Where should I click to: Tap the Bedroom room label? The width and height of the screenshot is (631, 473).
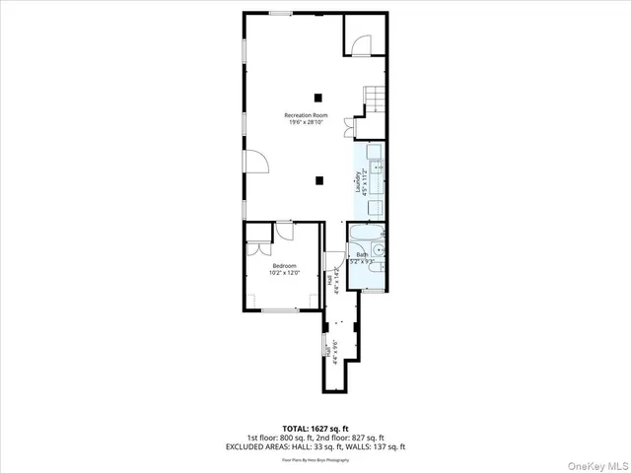(285, 268)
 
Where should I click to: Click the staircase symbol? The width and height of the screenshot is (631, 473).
(373, 97)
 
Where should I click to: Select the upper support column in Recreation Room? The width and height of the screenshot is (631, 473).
(318, 97)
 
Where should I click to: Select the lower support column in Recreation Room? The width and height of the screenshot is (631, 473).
(318, 179)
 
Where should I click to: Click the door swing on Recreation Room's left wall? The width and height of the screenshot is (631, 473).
(253, 164)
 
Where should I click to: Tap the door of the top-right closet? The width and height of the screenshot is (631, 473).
(362, 43)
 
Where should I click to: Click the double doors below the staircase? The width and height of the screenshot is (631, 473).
(347, 127)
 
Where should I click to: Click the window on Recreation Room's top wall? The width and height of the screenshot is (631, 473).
(281, 13)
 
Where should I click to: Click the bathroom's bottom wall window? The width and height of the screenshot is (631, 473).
(366, 291)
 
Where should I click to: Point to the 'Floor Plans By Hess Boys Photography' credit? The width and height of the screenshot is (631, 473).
(315, 458)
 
